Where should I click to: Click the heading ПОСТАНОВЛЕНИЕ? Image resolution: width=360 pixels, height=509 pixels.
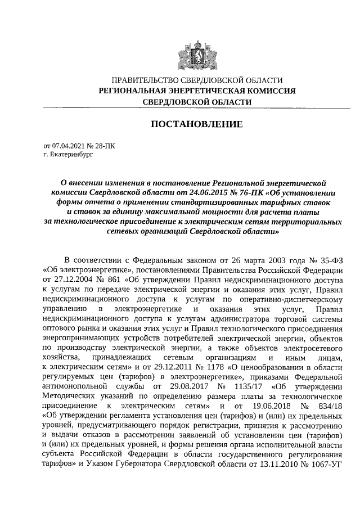click(196, 124)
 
